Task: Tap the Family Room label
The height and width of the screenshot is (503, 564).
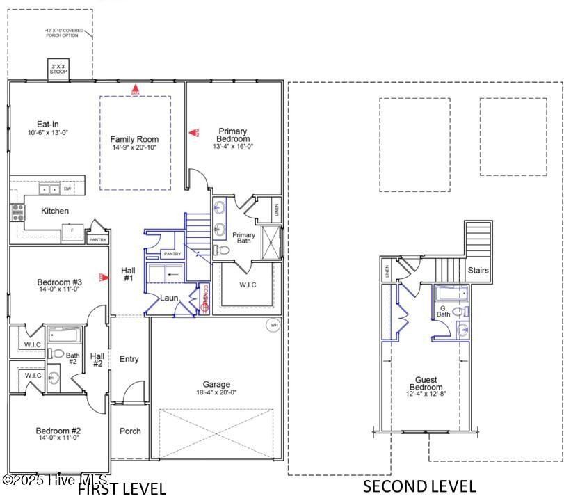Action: (x=135, y=139)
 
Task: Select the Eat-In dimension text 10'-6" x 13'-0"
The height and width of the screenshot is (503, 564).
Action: (x=48, y=132)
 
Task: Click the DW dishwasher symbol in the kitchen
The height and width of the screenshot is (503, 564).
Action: (x=67, y=189)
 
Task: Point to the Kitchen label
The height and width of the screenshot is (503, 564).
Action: (x=55, y=211)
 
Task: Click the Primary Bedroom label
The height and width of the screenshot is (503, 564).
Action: (x=233, y=134)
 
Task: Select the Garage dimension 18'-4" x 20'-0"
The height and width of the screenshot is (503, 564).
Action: (x=216, y=392)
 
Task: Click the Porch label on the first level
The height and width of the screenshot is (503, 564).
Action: (x=130, y=431)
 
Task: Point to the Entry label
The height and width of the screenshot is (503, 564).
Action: (x=129, y=359)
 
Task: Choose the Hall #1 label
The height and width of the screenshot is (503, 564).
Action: (x=128, y=274)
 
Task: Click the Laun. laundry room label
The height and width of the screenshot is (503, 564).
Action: (x=170, y=298)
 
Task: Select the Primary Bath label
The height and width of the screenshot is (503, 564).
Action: (x=243, y=238)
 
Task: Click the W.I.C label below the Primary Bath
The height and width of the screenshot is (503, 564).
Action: (x=248, y=285)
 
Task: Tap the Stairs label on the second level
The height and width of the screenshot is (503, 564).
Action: (x=478, y=270)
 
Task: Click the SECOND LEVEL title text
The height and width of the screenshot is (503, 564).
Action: (x=419, y=486)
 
